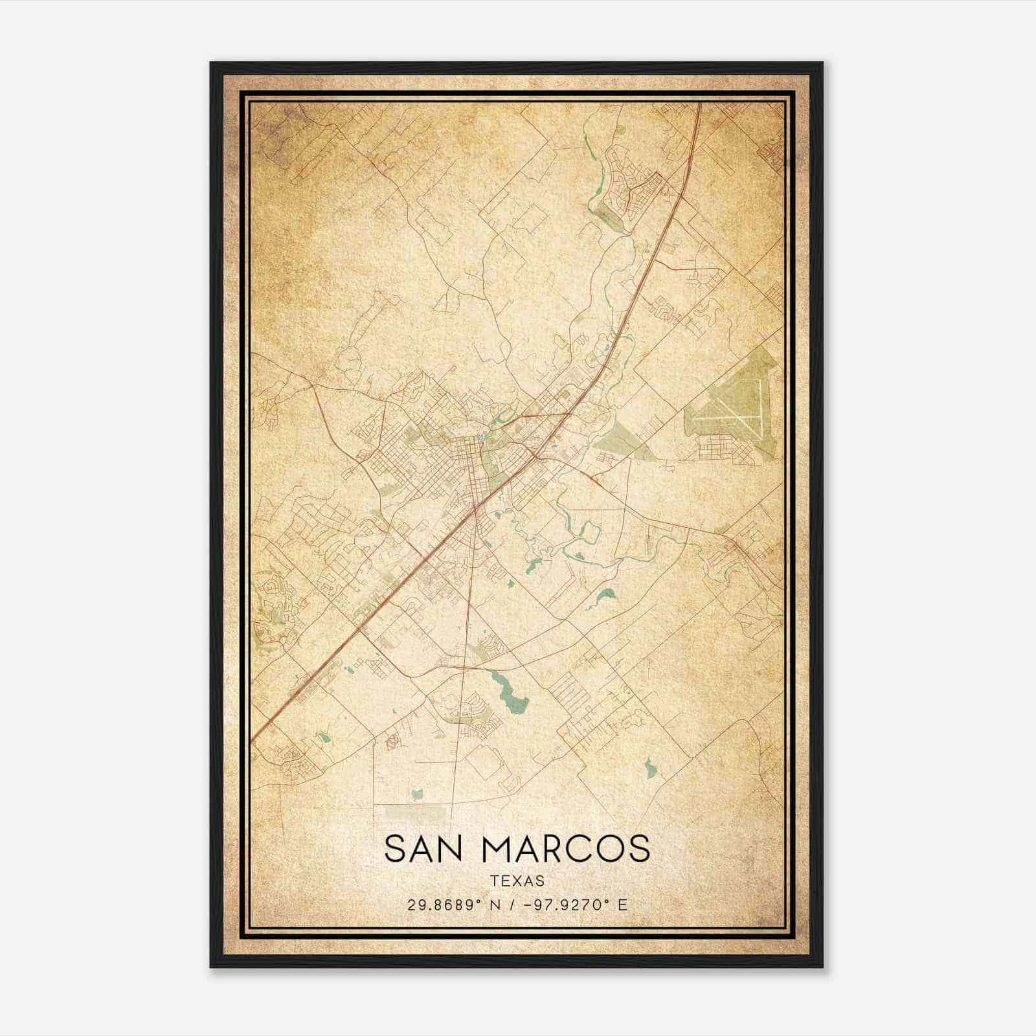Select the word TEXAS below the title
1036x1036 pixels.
click(517, 881)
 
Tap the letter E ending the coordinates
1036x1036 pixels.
click(623, 905)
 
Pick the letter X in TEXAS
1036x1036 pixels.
click(517, 881)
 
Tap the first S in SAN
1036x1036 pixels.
click(395, 848)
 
